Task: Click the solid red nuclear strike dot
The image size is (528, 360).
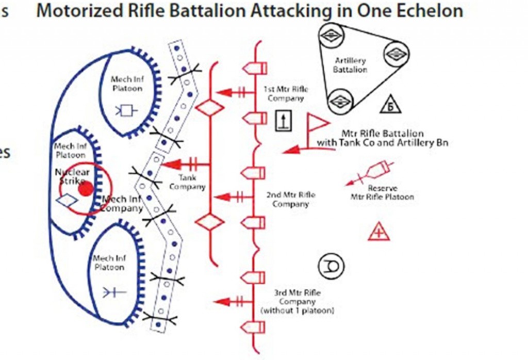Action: pos(86,189)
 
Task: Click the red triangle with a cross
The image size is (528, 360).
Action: pos(379,232)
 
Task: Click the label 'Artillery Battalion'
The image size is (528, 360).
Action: pos(350,65)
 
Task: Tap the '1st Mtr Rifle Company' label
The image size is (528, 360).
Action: pos(286,93)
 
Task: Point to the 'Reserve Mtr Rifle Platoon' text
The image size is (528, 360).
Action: pos(382,192)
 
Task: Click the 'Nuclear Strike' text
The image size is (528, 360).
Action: pos(72,176)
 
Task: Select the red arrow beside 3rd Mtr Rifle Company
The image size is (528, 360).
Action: pos(226,302)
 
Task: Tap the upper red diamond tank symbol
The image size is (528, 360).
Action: pos(209,108)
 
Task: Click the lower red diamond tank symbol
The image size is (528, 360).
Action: pos(209,223)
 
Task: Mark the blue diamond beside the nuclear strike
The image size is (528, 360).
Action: pos(68,201)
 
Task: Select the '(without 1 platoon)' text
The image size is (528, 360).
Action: pos(298,310)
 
